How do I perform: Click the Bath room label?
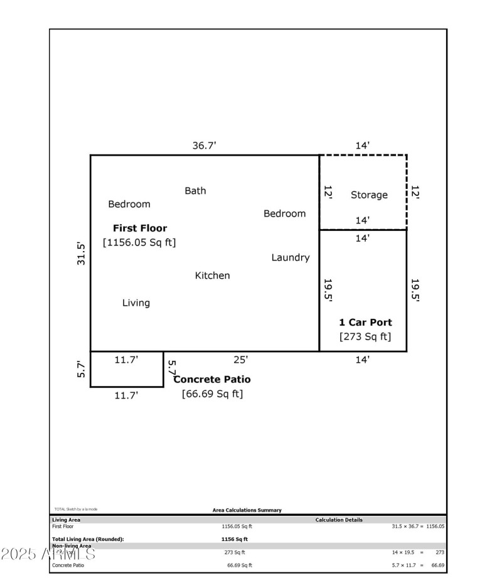pyautogui.click(x=195, y=191)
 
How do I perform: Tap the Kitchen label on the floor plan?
pyautogui.click(x=213, y=276)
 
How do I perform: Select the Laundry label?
pyautogui.click(x=291, y=257)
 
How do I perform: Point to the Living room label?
pyautogui.click(x=136, y=303)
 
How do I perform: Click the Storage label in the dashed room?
pyautogui.click(x=369, y=195)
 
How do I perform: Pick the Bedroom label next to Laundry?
pyautogui.click(x=284, y=213)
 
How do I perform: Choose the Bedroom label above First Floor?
pyautogui.click(x=129, y=204)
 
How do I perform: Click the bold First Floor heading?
pyautogui.click(x=140, y=228)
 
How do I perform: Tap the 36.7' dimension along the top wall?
pyautogui.click(x=205, y=146)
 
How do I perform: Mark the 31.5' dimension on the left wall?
pyautogui.click(x=81, y=254)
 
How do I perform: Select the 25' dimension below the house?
pyautogui.click(x=241, y=360)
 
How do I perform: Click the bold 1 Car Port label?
pyautogui.click(x=365, y=323)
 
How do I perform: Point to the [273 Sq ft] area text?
pyautogui.click(x=365, y=336)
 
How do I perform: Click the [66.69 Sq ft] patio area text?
pyautogui.click(x=212, y=394)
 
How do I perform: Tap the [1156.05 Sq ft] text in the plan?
pyautogui.click(x=139, y=242)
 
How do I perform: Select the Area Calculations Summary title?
pyautogui.click(x=247, y=510)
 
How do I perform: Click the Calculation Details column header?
pyautogui.click(x=339, y=520)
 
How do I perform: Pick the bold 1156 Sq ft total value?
pyautogui.click(x=235, y=539)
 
